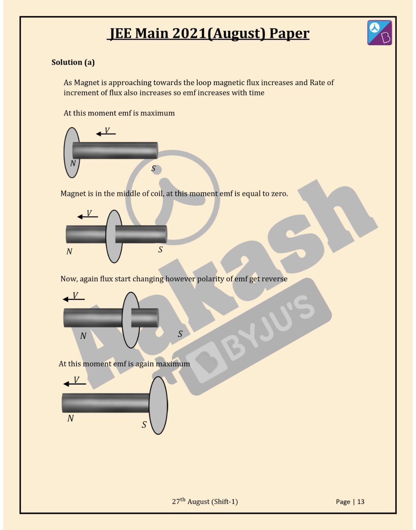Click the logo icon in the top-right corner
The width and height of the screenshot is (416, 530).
379,33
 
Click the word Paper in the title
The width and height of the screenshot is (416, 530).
289,33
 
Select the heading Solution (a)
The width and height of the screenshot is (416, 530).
73,62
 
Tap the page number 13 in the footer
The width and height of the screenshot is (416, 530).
360,502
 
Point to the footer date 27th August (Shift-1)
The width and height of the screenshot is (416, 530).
205,501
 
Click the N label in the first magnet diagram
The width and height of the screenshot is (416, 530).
73,163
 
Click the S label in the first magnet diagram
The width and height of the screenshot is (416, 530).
154,168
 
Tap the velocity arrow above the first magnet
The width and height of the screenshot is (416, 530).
106,133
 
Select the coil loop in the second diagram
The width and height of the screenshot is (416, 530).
113,236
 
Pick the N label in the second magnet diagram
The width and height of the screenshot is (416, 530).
69,251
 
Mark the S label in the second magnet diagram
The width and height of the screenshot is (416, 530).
160,249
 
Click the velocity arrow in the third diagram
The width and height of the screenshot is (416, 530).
74,299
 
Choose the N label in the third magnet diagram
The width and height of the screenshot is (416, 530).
83,336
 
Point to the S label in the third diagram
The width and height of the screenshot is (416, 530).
180,334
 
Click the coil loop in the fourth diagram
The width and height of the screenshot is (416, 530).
158,405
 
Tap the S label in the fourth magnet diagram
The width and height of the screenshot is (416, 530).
144,425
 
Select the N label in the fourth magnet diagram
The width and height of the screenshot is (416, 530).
70,418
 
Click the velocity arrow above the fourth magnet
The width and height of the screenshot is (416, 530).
75,383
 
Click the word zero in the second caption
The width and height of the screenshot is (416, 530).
279,194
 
